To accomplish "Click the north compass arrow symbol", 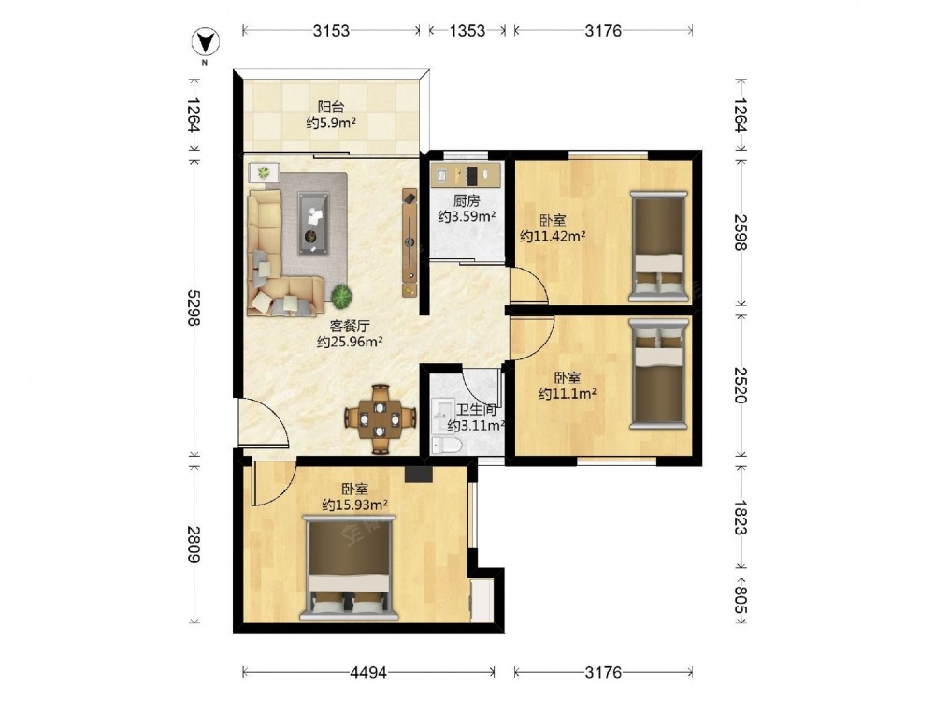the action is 205,42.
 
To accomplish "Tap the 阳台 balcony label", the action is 331,108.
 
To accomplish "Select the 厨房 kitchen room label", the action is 467,200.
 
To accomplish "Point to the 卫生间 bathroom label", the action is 477,410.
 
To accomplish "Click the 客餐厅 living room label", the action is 350,326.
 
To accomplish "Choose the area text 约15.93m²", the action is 355,505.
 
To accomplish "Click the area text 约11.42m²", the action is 553,236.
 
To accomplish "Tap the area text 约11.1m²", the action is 568,393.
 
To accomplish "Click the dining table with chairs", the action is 380,419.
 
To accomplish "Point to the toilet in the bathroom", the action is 447,446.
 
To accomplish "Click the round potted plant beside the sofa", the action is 341,295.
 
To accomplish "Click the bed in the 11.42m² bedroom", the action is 659,246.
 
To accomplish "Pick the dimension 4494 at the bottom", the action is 367,673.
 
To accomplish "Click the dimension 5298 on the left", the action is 194,308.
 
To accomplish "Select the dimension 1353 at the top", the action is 467,31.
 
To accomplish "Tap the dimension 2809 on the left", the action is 194,544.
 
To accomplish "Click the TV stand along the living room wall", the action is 410,243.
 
